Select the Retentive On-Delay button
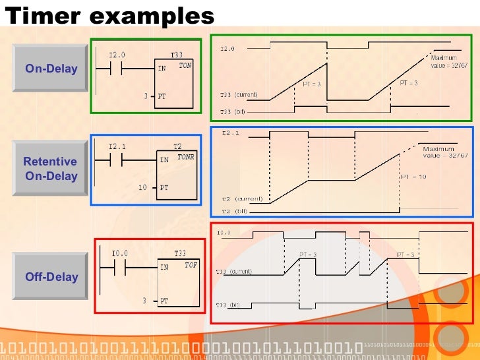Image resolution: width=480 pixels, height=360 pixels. click(50, 169)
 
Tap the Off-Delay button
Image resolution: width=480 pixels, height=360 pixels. click(51, 277)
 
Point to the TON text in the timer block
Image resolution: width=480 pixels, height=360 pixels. click(185, 66)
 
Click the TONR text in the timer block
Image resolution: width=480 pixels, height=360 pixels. click(185, 158)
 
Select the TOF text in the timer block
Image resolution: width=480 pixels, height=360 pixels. click(191, 264)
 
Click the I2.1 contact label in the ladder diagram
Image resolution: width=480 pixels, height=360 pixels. click(117, 146)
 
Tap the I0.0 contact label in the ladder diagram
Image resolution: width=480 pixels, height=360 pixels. click(119, 253)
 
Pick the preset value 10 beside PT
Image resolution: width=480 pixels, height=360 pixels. click(142, 187)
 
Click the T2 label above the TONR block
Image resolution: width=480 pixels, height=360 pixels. click(177, 146)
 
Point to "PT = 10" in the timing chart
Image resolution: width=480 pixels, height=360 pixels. click(413, 177)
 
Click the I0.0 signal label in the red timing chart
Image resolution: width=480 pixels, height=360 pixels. click(224, 233)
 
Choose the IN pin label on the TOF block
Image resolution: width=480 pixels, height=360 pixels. click(163, 267)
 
